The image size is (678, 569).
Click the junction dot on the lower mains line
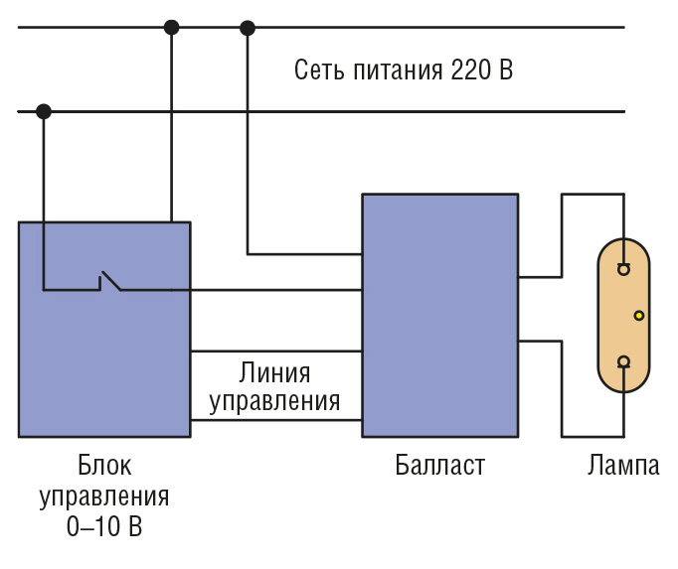43,111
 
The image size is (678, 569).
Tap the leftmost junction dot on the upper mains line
172,27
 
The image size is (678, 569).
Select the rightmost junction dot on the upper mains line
248,28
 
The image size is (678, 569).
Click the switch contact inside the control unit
110,281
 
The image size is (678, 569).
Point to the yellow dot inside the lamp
639,316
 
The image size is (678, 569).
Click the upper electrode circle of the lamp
623,269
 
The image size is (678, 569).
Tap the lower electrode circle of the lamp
623,361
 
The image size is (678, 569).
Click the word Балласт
439,465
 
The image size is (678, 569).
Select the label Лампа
623,465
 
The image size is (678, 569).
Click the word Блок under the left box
104,465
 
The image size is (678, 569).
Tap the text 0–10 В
104,525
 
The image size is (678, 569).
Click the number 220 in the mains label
471,70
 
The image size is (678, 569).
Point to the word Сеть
319,70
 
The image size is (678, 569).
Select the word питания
398,71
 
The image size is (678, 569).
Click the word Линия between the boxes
274,372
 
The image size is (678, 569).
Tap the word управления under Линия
274,402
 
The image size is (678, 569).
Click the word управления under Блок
104,497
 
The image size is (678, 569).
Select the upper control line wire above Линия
276,352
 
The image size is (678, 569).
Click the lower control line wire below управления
276,419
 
